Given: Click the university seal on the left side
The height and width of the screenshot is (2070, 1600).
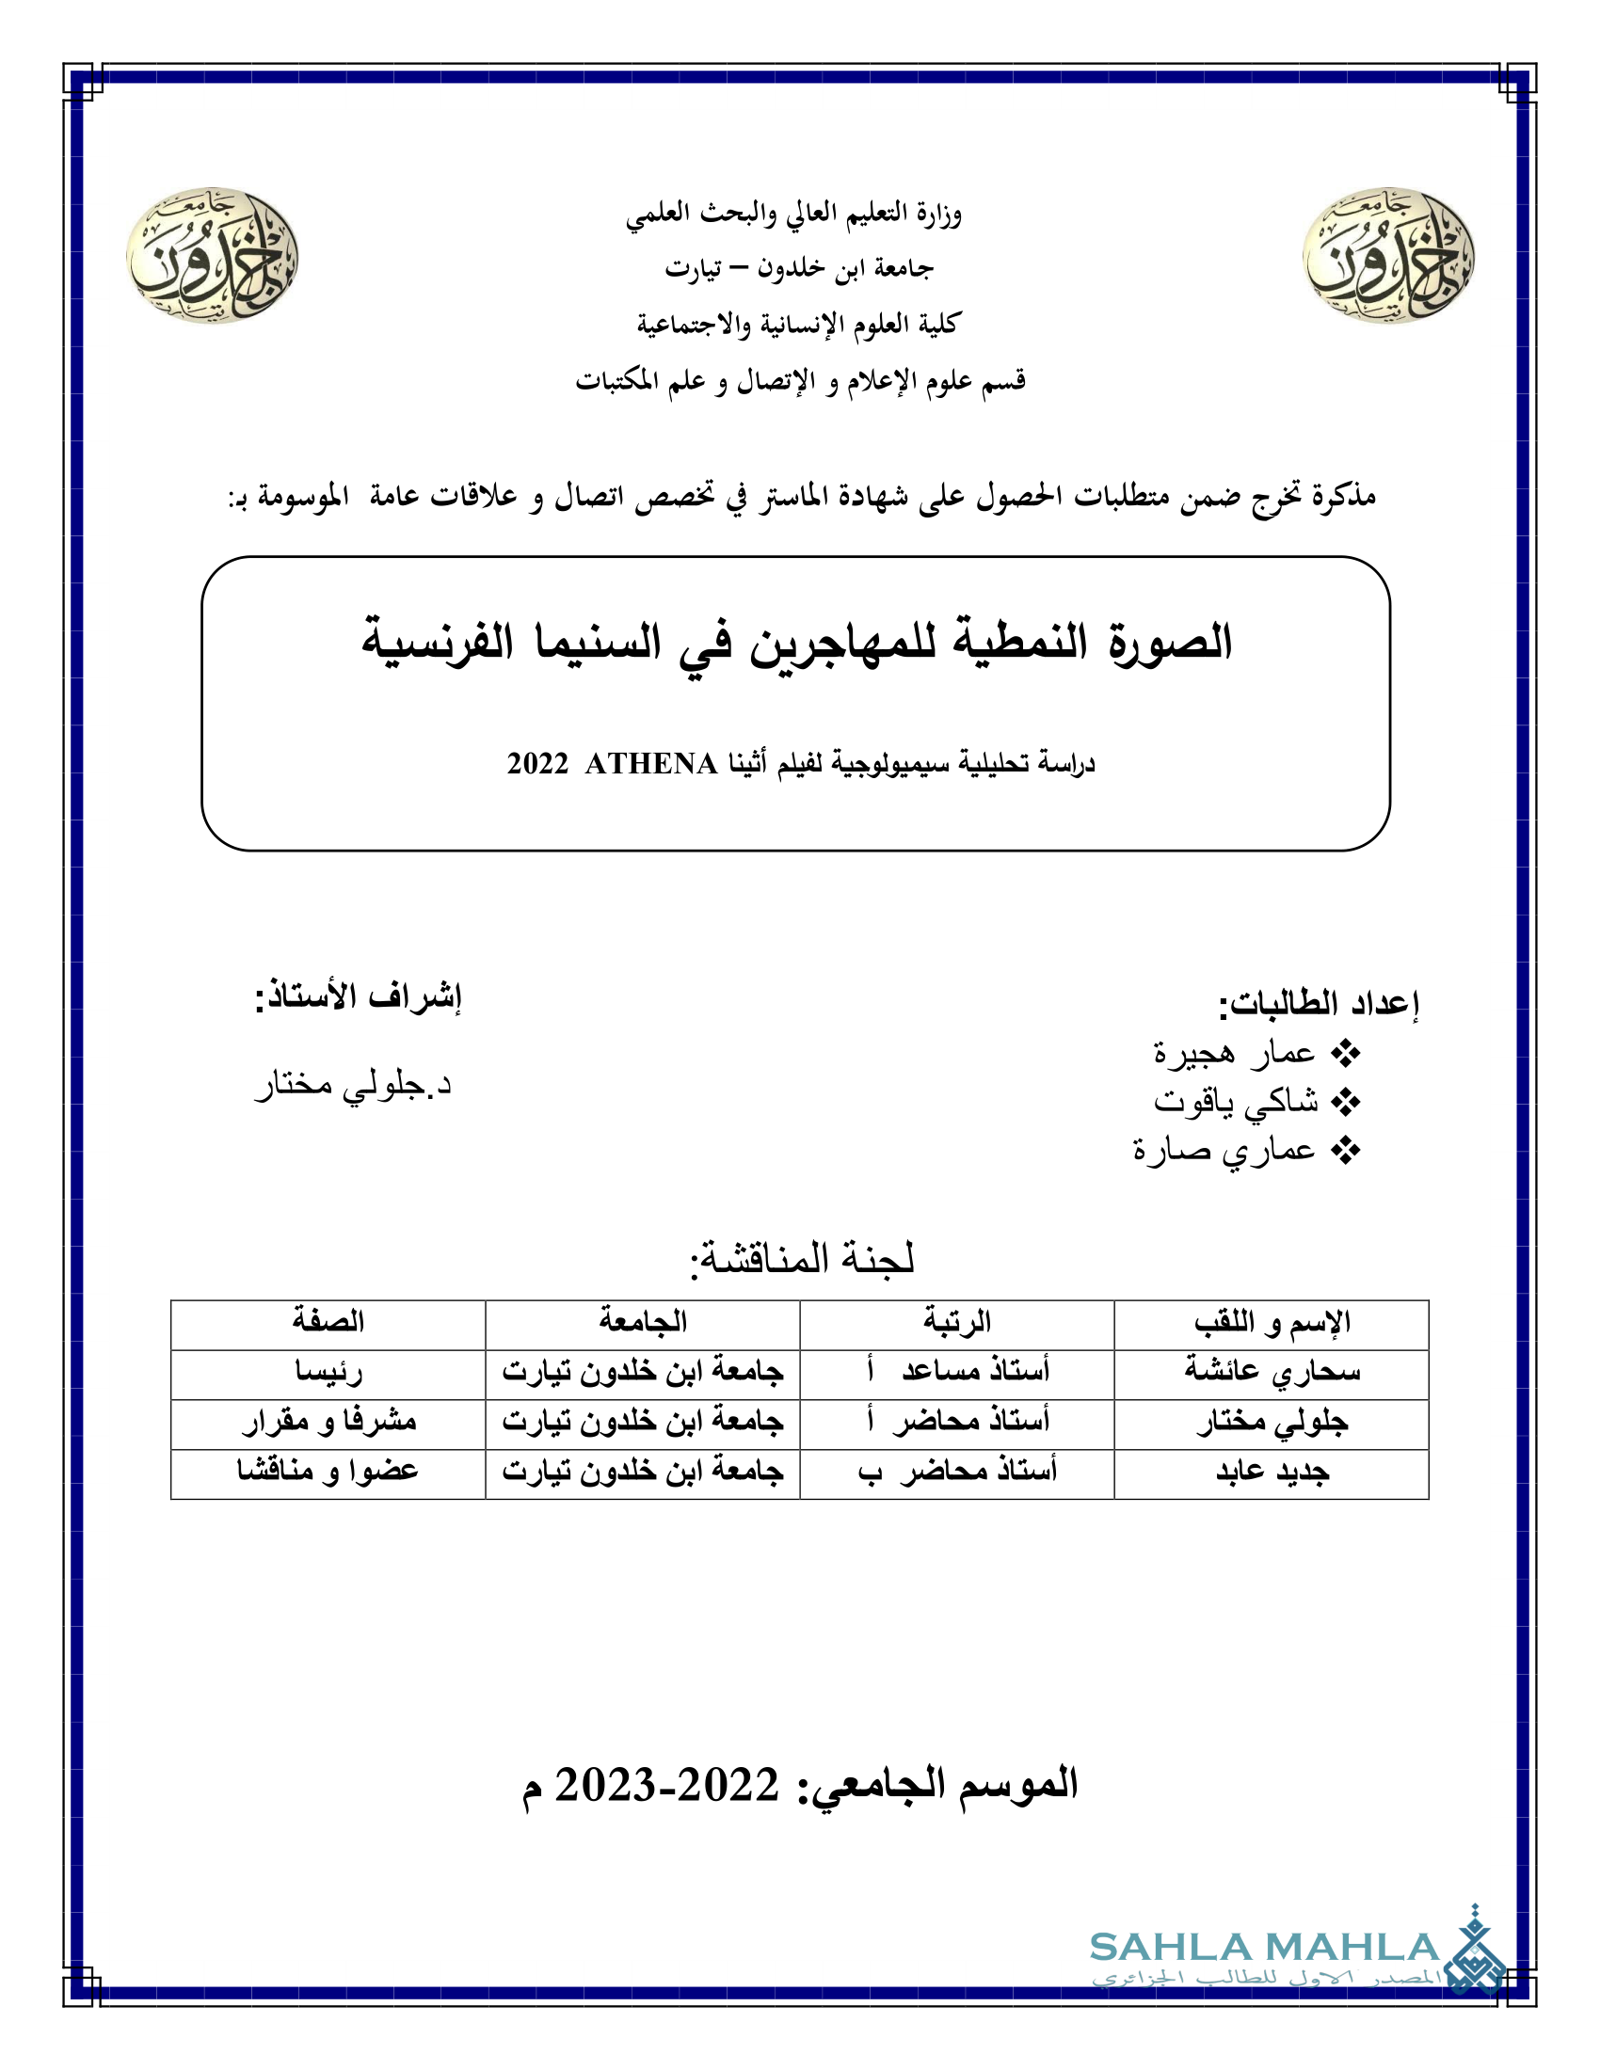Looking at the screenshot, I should (213, 255).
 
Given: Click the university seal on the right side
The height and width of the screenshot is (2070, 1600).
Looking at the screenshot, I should (1388, 255).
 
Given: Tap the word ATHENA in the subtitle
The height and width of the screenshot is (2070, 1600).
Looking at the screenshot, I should (651, 763).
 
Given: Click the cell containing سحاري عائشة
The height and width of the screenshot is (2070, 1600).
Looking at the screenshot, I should (1272, 1372).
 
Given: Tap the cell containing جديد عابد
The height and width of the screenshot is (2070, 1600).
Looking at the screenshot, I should (1272, 1472).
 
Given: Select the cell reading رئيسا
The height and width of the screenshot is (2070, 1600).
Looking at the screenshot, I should (328, 1372).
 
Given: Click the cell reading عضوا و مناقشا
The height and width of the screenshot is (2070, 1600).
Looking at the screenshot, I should (328, 1472).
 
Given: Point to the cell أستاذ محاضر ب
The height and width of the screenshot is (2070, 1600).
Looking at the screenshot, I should (957, 1472).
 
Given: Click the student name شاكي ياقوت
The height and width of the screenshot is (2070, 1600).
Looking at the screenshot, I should (1235, 1102).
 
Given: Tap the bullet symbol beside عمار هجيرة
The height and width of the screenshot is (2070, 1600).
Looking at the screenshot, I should (1346, 1053).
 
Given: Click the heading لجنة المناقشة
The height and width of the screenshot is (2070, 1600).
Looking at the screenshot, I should (802, 1259).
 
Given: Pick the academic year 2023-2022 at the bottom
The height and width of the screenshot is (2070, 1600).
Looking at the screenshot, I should (666, 1786).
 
